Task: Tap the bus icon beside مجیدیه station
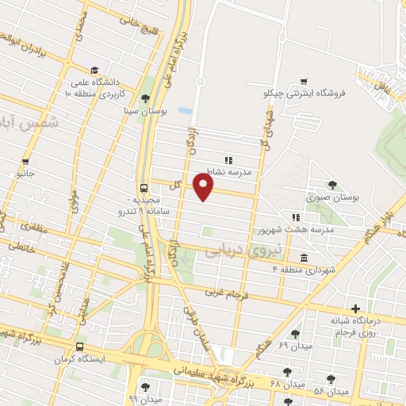pyautogui.click(x=144, y=188)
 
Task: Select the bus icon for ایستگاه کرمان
pyautogui.click(x=79, y=347)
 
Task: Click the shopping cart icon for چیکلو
pyautogui.click(x=304, y=82)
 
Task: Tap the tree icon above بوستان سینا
pyautogui.click(x=144, y=99)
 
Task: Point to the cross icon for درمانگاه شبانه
pyautogui.click(x=356, y=308)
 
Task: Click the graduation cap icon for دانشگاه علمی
pyautogui.click(x=94, y=70)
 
